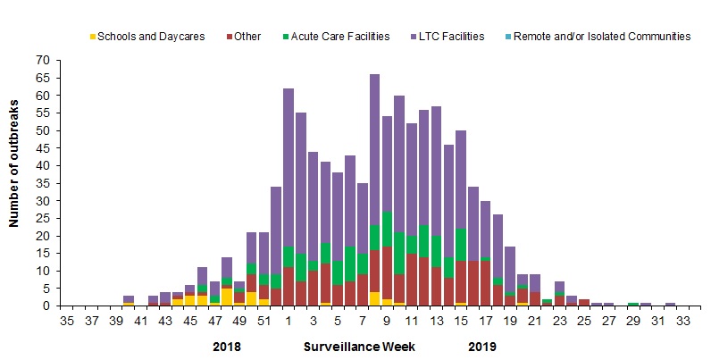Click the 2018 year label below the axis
(228, 345)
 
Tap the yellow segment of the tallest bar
(374, 299)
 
